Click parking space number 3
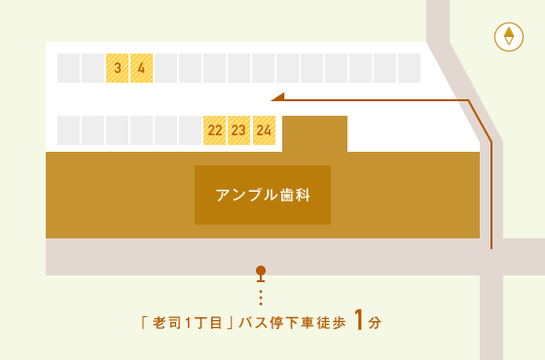(x=117, y=68)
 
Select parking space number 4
(x=141, y=68)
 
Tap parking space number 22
(x=215, y=130)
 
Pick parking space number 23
(x=239, y=130)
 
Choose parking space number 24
(x=264, y=130)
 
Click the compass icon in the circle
(x=508, y=37)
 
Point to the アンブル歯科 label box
(x=263, y=195)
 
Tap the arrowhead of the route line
(x=276, y=96)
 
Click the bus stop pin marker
(x=260, y=272)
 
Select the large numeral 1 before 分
(x=359, y=320)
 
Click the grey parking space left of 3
(x=92, y=68)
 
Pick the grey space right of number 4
(x=165, y=68)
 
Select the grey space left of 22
(x=190, y=130)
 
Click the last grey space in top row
(x=409, y=68)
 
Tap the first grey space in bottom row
(x=68, y=130)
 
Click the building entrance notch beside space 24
(x=314, y=133)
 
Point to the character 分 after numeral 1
(x=376, y=322)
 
